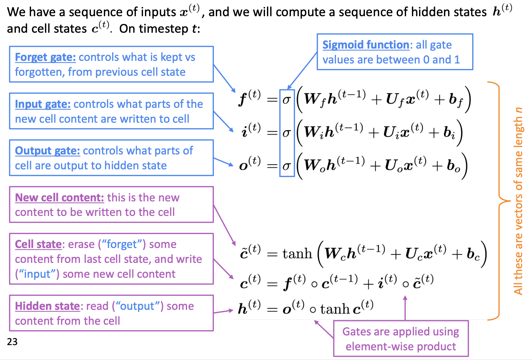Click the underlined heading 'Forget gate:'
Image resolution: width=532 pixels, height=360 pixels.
coord(45,57)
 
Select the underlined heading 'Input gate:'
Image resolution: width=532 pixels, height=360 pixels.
coord(43,104)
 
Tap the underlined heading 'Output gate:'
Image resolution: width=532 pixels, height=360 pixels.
coord(47,151)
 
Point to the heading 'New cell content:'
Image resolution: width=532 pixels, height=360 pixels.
coord(59,197)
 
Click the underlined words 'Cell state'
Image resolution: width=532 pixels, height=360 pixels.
coord(38,244)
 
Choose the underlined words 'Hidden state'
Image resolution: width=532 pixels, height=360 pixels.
coord(47,306)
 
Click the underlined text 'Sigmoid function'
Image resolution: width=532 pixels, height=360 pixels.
coord(366,45)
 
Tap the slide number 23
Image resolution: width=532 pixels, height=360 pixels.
coord(12,342)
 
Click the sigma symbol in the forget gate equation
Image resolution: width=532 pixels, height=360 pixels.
coord(286,100)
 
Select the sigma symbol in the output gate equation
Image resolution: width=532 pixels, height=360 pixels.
coord(286,166)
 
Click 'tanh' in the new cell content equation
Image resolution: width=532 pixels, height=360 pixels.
coord(297,254)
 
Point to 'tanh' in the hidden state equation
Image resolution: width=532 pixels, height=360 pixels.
coord(335,309)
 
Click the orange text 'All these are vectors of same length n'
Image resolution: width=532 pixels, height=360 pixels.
coord(518,201)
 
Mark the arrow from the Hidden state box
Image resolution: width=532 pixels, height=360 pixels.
coord(223,311)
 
